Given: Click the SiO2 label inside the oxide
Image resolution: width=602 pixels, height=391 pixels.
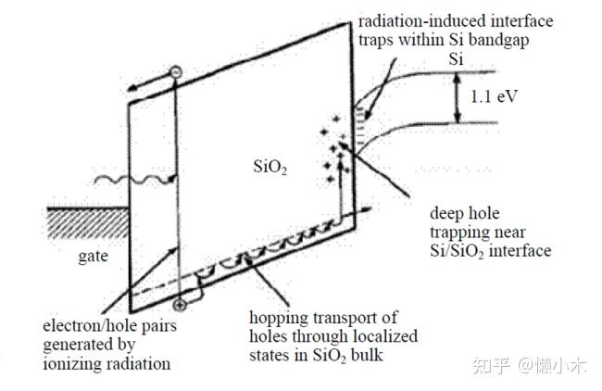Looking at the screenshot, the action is pyautogui.click(x=270, y=167).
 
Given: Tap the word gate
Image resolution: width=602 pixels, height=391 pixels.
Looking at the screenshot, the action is pyautogui.click(x=93, y=257).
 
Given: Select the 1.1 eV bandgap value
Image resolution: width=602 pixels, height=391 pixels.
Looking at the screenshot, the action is pyautogui.click(x=495, y=96).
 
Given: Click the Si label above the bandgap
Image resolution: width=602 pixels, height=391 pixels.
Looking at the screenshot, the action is pyautogui.click(x=456, y=59).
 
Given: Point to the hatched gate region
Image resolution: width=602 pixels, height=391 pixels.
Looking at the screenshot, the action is pyautogui.click(x=88, y=223).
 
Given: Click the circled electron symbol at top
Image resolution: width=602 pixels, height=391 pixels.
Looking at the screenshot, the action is pyautogui.click(x=175, y=72).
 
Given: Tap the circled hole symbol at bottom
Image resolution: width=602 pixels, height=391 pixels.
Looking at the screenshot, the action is pyautogui.click(x=180, y=306).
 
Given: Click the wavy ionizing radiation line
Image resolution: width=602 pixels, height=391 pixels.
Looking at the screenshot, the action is pyautogui.click(x=135, y=180).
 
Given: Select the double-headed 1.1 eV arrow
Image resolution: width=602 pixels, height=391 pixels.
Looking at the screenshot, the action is pyautogui.click(x=457, y=97).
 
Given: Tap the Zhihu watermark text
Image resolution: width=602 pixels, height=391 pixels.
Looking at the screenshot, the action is pyautogui.click(x=530, y=365).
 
